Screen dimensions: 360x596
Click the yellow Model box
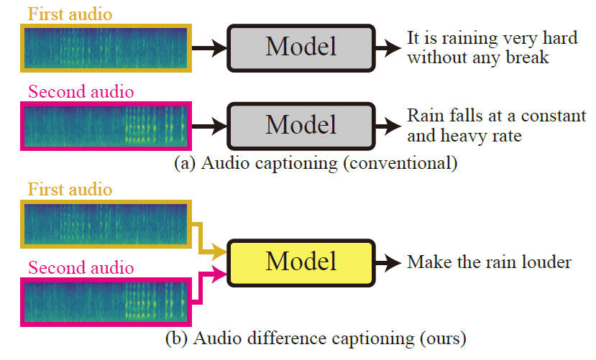click(x=301, y=261)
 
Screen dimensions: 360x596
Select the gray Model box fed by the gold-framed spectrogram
click(x=301, y=47)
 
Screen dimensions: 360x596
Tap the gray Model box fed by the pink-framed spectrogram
click(x=301, y=124)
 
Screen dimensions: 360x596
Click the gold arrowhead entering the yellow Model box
click(x=220, y=252)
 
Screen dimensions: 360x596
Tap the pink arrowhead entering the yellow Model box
click(x=220, y=272)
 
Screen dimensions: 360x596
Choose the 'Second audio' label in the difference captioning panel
click(x=81, y=268)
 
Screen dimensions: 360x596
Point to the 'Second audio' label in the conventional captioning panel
click(x=81, y=92)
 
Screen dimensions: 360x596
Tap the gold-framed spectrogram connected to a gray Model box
click(x=105, y=49)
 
